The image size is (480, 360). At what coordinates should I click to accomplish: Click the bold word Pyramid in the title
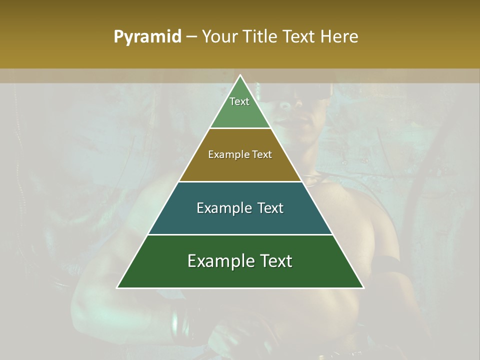point(147,37)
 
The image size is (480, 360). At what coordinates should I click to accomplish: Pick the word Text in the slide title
point(300,37)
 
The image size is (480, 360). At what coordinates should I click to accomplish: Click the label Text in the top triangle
point(239,101)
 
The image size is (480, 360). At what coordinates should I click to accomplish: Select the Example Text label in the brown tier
point(240,154)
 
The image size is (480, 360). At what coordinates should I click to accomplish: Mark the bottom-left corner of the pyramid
point(117,287)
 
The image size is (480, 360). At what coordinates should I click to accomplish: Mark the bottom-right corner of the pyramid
point(363,287)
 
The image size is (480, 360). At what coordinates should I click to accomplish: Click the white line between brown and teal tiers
point(240,181)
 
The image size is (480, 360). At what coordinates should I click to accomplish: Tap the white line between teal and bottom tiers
point(240,234)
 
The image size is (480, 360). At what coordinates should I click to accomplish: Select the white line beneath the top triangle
point(240,128)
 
